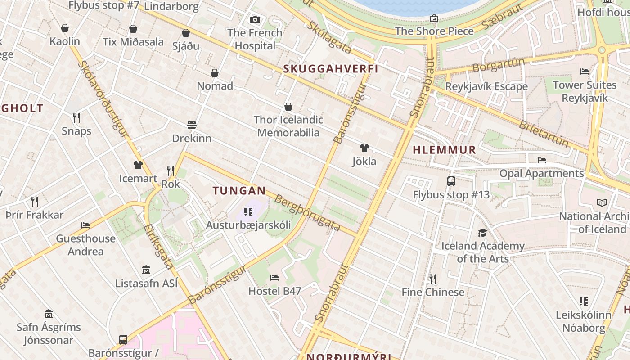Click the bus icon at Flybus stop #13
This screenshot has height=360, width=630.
pyautogui.click(x=451, y=181)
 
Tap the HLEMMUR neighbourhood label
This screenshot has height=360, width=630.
pyautogui.click(x=444, y=150)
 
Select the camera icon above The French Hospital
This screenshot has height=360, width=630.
pyautogui.click(x=255, y=19)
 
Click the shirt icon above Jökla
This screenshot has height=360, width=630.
pyautogui.click(x=364, y=148)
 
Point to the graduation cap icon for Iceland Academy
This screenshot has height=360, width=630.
pyautogui.click(x=482, y=233)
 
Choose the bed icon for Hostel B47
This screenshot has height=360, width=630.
pyautogui.click(x=274, y=277)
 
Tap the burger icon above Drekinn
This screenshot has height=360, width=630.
pyautogui.click(x=192, y=125)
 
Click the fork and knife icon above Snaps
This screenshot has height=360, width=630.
pyautogui.click(x=76, y=118)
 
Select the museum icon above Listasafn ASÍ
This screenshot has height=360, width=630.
pyautogui.click(x=146, y=270)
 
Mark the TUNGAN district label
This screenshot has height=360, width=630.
pyautogui.click(x=239, y=190)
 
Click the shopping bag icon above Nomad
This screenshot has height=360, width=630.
pyautogui.click(x=215, y=73)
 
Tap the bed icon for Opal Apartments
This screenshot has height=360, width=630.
pyautogui.click(x=542, y=160)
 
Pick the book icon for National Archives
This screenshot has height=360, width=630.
pyautogui.click(x=602, y=203)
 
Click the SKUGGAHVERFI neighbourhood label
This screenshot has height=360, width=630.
pyautogui.click(x=331, y=69)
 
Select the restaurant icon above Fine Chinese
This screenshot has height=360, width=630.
pyautogui.click(x=432, y=279)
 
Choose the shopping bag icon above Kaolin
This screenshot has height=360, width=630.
pyautogui.click(x=65, y=28)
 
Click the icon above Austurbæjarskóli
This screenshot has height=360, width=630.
pyautogui.click(x=248, y=211)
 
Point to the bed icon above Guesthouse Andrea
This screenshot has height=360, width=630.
pyautogui.click(x=85, y=225)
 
